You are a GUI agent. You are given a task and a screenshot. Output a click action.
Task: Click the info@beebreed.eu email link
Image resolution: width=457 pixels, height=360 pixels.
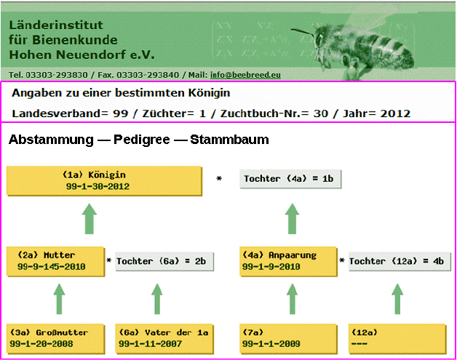point(245,75)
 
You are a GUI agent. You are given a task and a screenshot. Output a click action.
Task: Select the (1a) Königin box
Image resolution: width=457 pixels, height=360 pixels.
point(104,180)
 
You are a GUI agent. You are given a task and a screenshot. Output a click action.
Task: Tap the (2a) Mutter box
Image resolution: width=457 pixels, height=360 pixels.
point(55,261)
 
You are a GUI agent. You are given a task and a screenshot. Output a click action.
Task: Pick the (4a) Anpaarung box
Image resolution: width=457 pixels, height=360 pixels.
point(288,261)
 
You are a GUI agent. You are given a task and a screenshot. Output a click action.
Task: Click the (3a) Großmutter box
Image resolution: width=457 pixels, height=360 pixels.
point(55,339)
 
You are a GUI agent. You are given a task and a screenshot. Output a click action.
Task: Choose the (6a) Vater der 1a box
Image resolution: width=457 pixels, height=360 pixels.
point(164,339)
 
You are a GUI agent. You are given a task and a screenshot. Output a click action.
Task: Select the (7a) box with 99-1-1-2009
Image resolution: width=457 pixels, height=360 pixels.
point(288,339)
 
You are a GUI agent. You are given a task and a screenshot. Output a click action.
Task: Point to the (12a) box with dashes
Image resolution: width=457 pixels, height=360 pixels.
point(397,339)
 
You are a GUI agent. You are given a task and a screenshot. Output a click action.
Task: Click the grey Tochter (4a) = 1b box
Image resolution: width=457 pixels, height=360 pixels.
point(290,179)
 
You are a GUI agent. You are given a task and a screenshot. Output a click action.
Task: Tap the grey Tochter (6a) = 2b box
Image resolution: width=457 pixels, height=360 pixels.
point(164,262)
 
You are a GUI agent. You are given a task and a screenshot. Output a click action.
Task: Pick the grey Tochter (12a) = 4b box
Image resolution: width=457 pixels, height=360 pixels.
point(400,262)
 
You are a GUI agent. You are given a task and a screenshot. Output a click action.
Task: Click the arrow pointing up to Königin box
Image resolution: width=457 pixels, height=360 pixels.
point(90,219)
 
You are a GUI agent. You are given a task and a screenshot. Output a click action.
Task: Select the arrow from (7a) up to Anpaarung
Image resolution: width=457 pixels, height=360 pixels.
point(292,299)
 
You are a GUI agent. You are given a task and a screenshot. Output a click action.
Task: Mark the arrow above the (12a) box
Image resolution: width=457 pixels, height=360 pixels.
point(397,299)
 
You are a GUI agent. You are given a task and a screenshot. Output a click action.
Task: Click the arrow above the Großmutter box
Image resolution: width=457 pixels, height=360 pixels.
point(59,299)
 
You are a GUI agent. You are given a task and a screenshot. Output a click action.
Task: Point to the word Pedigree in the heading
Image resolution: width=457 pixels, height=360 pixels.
point(142,140)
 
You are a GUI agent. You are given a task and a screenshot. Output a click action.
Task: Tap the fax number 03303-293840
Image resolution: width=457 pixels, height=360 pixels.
point(148,75)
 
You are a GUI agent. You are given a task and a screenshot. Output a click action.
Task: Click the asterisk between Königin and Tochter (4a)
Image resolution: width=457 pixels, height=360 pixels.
point(219,178)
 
